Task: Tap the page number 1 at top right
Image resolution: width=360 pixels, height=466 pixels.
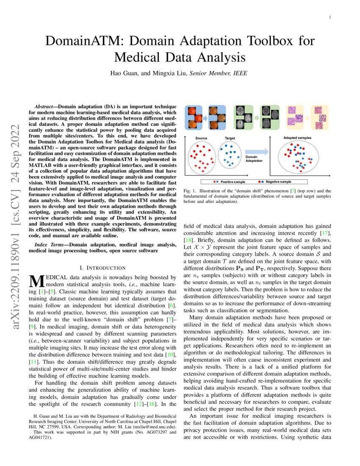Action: (x=329, y=17)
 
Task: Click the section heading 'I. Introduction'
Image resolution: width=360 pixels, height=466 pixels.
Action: (x=102, y=268)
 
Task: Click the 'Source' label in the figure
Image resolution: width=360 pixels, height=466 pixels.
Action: (x=201, y=139)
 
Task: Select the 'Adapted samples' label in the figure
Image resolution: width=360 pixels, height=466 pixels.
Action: (x=297, y=138)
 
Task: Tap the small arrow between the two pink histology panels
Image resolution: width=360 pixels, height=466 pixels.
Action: (x=307, y=117)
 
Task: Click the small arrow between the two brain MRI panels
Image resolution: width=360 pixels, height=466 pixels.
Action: (x=254, y=117)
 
